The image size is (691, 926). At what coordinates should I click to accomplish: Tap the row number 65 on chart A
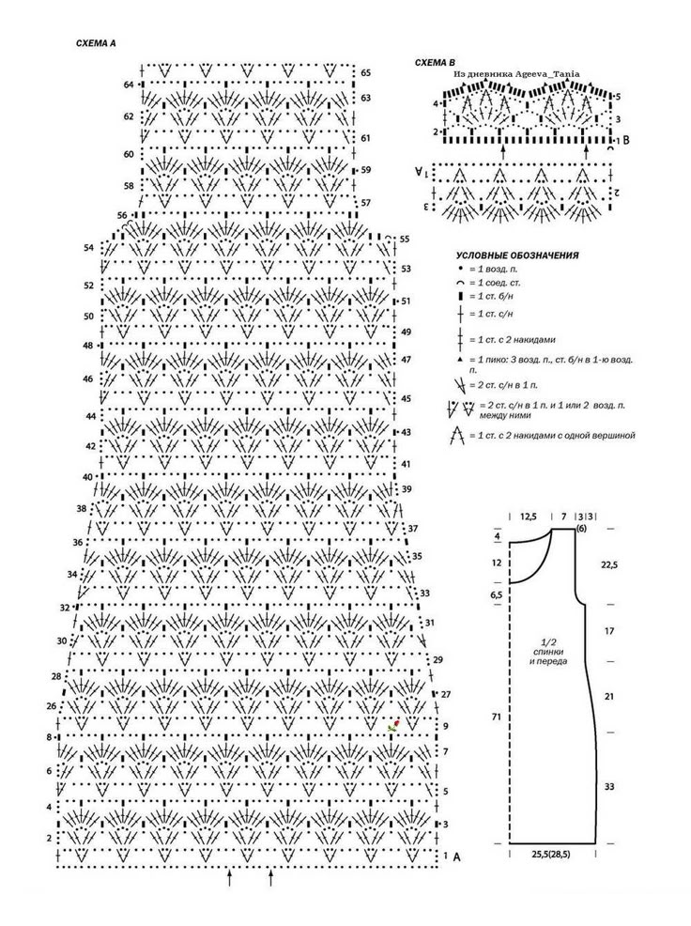[x=365, y=72]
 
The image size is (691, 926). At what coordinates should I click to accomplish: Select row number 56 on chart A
[x=122, y=215]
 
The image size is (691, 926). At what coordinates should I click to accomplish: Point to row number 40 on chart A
[x=87, y=477]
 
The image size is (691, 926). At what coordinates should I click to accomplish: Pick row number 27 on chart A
[x=445, y=694]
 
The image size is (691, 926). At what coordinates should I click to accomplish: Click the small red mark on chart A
[x=394, y=725]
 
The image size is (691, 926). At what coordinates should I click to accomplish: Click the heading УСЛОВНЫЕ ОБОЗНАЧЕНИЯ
[x=516, y=255]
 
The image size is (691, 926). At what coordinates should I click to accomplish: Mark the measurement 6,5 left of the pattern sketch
[x=497, y=595]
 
